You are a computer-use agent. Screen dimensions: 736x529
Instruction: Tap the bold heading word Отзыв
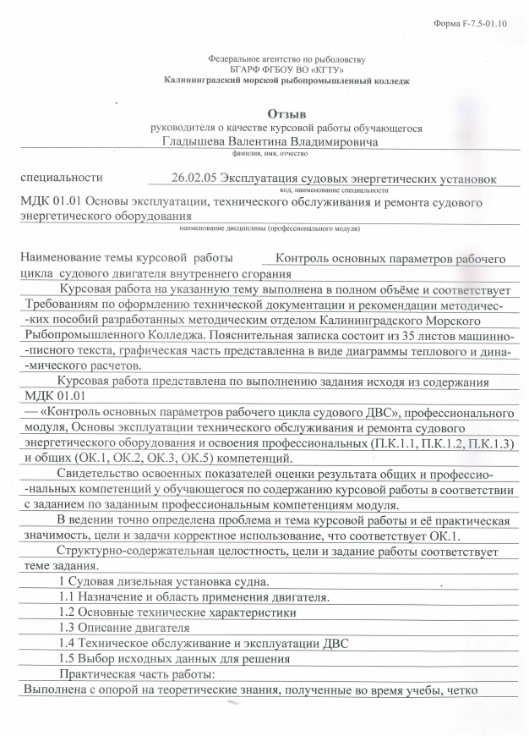tap(286, 113)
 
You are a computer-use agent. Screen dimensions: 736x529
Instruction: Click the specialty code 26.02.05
tap(195, 179)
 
